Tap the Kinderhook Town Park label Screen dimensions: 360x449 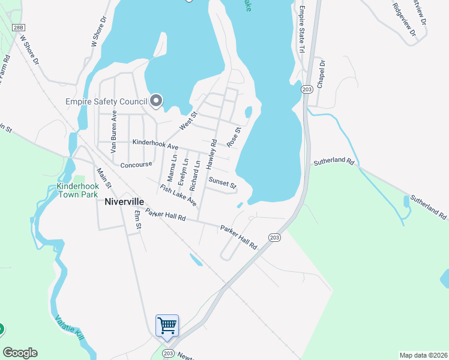76,191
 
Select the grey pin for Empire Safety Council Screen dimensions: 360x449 157,101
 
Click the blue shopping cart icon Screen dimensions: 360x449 167,326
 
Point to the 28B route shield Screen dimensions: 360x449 19,28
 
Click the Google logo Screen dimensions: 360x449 20,353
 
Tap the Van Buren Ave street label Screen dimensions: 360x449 113,130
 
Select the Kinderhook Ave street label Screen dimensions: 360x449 155,146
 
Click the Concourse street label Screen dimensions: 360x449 137,165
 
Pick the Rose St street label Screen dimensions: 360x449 234,137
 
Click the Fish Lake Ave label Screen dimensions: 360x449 178,195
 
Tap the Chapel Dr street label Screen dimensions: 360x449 321,74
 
